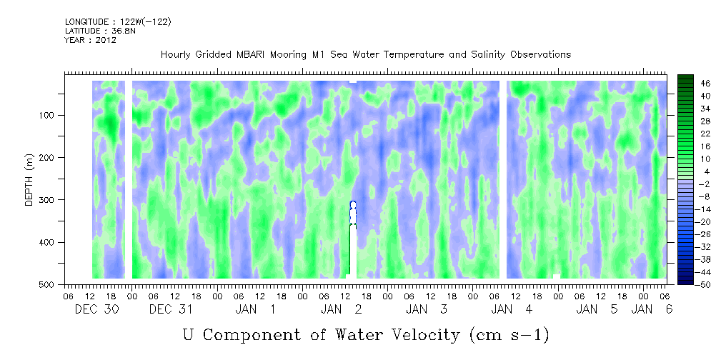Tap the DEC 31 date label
(171, 309)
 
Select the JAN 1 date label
(256, 309)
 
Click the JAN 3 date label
(427, 309)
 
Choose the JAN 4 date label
(512, 309)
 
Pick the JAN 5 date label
(597, 309)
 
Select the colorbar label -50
(686, 284)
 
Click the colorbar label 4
(686, 171)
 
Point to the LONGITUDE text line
(118, 21)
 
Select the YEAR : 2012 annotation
(90, 40)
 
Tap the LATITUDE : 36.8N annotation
(101, 31)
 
